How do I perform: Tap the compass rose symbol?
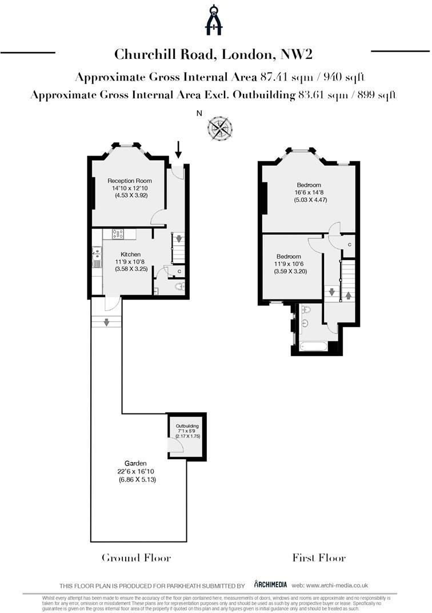pos(220,128)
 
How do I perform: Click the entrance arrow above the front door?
pos(178,150)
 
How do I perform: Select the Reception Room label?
pos(130,181)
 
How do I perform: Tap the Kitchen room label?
pos(130,254)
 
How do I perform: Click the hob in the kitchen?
pos(118,233)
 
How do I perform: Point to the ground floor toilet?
pos(181,286)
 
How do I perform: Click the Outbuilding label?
pos(187,427)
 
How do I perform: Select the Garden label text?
pos(135,463)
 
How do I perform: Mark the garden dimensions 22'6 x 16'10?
pos(135,471)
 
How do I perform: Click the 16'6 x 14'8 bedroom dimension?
pos(309,193)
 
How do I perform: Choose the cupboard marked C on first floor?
pos(350,244)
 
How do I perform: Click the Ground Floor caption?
pos(136,558)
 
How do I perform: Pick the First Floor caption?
pos(319,558)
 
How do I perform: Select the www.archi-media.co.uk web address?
pos(338,585)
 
